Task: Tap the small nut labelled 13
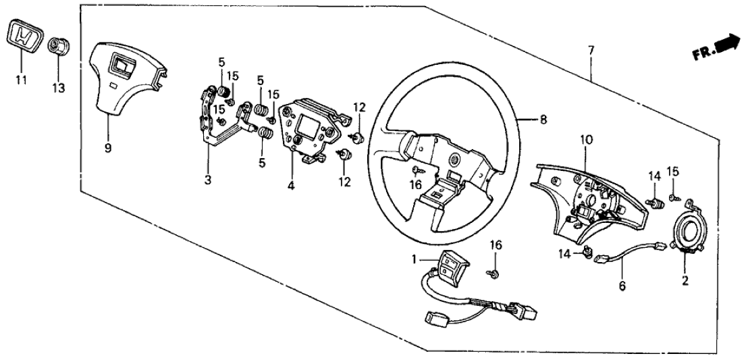click(57, 49)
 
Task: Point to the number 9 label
click(107, 130)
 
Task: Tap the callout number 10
click(586, 140)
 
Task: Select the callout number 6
click(622, 286)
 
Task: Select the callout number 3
click(208, 180)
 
